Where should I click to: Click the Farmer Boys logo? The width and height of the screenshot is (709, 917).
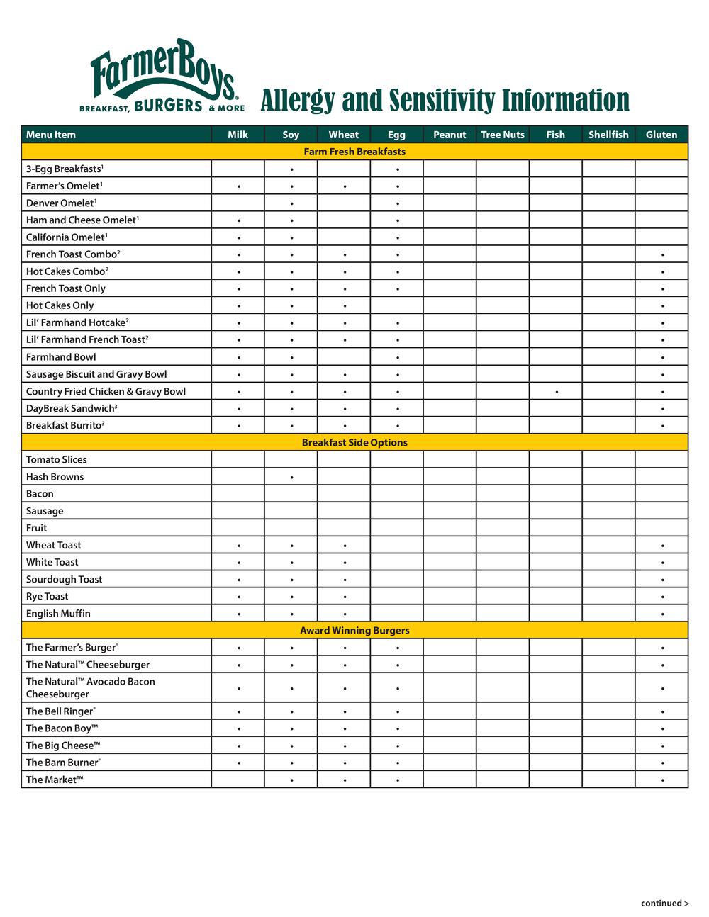pos(162,77)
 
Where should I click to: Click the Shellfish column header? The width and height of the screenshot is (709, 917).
pos(608,135)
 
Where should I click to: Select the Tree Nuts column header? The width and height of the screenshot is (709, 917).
pos(503,135)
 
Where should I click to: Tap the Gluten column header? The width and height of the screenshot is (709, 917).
pos(661,135)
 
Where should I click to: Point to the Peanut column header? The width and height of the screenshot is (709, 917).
pos(450,135)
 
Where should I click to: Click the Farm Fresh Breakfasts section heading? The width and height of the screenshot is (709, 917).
pos(354,152)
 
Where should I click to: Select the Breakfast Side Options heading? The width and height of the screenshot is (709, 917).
pos(354,442)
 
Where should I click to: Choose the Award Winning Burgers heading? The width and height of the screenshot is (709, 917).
pos(354,630)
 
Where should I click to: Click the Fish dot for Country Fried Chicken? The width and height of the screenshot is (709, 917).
pos(557,392)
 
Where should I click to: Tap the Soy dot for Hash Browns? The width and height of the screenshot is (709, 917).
pos(291,478)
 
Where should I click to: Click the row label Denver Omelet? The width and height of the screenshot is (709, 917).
pos(60,203)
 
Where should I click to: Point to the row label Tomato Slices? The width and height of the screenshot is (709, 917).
pos(56,459)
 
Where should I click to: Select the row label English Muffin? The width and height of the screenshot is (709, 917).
pos(58,613)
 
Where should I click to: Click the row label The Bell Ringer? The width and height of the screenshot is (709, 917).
pos(60,711)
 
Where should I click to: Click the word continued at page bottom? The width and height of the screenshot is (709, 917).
pos(661,903)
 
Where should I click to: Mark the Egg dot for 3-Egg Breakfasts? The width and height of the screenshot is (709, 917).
pos(398,170)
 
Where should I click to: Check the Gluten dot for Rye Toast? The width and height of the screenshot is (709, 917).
pos(662,597)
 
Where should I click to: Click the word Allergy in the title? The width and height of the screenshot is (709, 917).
pos(297,101)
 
